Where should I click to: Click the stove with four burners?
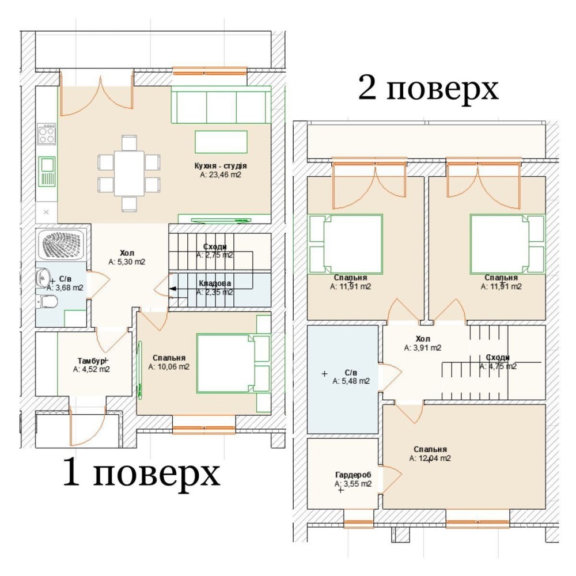click(47, 134)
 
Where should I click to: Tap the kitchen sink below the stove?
click(47, 172)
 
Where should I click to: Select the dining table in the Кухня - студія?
click(129, 173)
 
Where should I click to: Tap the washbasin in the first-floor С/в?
click(43, 278)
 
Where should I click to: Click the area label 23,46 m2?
click(221, 175)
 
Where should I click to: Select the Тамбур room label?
click(91, 361)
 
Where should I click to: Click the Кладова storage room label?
click(215, 283)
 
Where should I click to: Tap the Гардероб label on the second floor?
click(353, 475)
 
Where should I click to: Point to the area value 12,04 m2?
click(430, 458)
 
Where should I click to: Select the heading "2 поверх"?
click(429, 88)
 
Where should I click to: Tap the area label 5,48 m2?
click(351, 381)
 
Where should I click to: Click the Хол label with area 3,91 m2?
click(423, 339)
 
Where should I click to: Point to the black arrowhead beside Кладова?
click(173, 289)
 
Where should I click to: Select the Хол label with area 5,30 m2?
click(127, 253)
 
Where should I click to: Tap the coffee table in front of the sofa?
click(221, 142)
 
